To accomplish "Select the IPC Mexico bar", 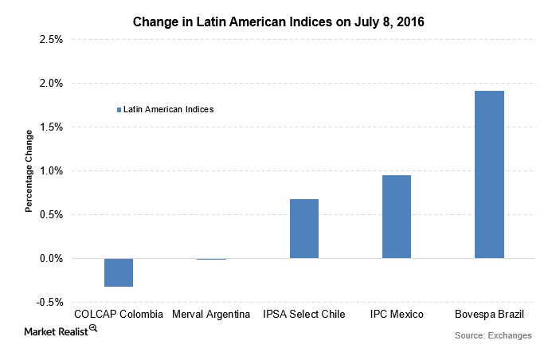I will pyautogui.click(x=397, y=217).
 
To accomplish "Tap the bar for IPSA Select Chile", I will pyautogui.click(x=304, y=229).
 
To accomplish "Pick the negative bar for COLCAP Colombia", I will pyautogui.click(x=119, y=272).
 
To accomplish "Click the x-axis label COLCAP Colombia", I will pyautogui.click(x=119, y=315).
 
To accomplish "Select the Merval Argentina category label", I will pyautogui.click(x=211, y=315).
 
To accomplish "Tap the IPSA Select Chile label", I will pyautogui.click(x=303, y=315).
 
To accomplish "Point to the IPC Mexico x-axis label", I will pyautogui.click(x=397, y=315).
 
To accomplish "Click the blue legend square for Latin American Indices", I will pyautogui.click(x=119, y=109).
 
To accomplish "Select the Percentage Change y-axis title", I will pyautogui.click(x=29, y=170).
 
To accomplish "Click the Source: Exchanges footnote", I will pyautogui.click(x=492, y=335).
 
